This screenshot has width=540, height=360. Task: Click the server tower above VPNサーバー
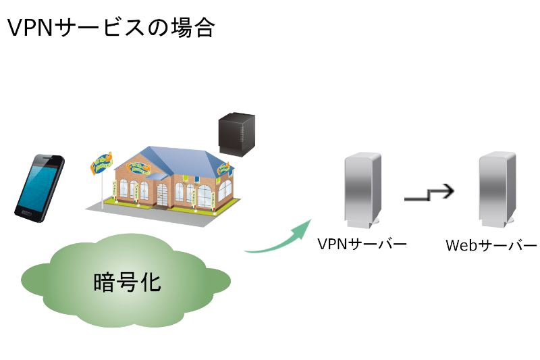pyautogui.click(x=362, y=190)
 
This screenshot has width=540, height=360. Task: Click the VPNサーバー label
pyautogui.click(x=362, y=243)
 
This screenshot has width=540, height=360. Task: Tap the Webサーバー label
pyautogui.click(x=491, y=245)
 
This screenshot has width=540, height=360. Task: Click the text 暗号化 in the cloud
pyautogui.click(x=127, y=282)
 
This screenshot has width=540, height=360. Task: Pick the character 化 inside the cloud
pyautogui.click(x=151, y=282)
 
